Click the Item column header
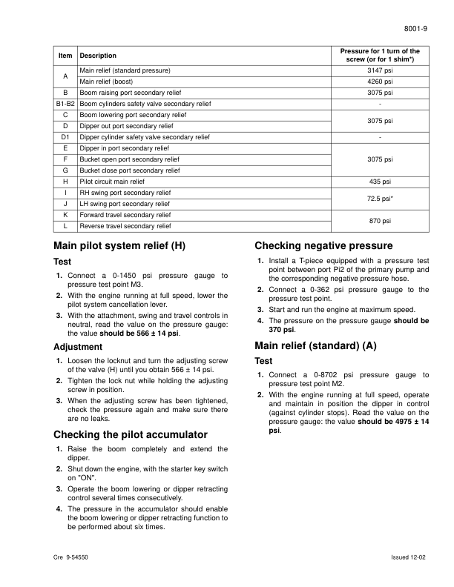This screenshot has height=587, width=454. pos(65,56)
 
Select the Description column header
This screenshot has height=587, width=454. pos(98,56)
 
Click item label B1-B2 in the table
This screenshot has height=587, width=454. pos(65,104)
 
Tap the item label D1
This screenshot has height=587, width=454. pos(65,137)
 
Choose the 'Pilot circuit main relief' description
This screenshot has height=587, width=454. pos(112,181)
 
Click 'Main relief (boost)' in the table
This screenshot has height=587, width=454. pos(110,82)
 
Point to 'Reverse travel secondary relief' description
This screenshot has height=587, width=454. pos(125,225)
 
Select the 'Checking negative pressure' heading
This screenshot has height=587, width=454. pos(323,246)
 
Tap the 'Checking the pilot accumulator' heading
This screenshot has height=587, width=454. pos(131,434)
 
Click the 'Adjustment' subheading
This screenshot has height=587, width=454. pos(78,347)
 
